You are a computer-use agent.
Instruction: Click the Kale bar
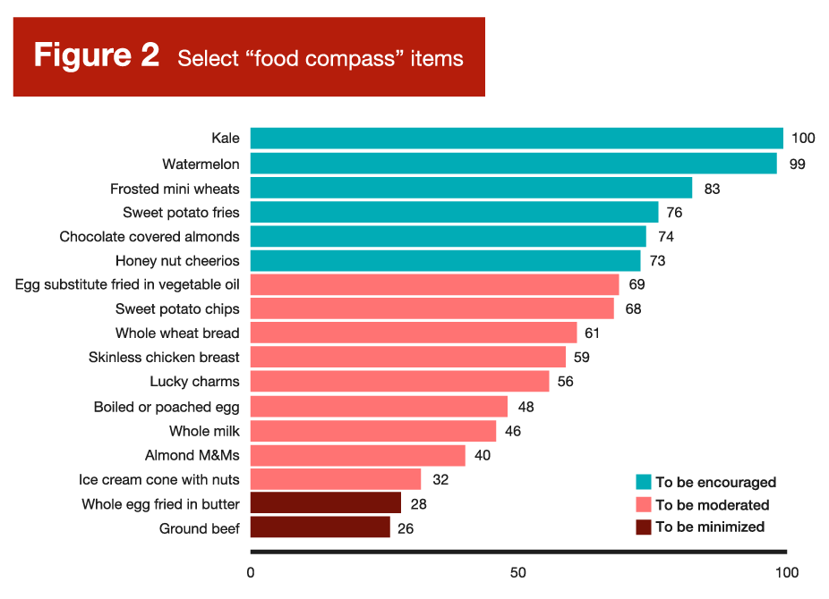click(x=517, y=138)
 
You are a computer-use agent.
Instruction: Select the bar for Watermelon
click(x=513, y=164)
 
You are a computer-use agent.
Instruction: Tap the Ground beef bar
click(x=320, y=527)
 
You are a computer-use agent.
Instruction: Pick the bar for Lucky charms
click(x=399, y=382)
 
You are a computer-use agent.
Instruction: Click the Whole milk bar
click(x=372, y=431)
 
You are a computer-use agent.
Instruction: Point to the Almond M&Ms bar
click(x=357, y=455)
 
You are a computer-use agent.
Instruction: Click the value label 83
click(x=712, y=189)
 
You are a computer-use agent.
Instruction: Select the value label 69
click(x=637, y=284)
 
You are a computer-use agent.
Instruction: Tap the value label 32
click(x=440, y=479)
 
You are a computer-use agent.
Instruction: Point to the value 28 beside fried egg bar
click(x=418, y=503)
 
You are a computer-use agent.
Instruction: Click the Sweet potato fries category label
click(x=181, y=213)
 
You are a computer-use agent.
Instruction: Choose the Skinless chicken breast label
click(x=164, y=358)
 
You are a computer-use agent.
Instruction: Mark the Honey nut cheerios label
click(x=177, y=261)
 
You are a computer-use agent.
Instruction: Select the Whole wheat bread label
click(x=177, y=333)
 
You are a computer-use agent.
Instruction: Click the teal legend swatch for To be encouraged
click(x=643, y=482)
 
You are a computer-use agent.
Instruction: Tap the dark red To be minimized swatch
click(x=643, y=527)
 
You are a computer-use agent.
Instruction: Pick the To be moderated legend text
click(x=712, y=505)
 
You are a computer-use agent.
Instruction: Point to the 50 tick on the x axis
click(x=517, y=572)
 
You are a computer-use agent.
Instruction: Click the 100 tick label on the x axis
click(x=786, y=572)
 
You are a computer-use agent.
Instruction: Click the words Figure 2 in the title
click(x=97, y=55)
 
